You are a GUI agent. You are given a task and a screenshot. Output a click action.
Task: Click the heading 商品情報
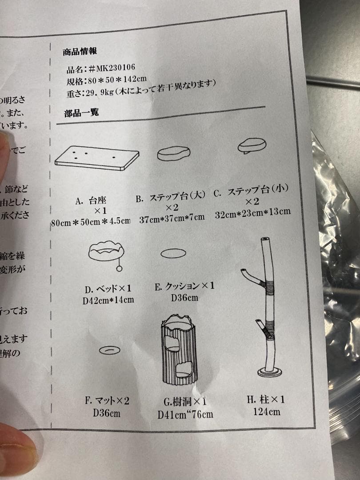tap(80, 52)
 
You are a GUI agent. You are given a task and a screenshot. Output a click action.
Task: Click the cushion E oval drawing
tap(173, 253)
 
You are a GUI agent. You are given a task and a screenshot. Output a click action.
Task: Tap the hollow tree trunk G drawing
tap(179, 349)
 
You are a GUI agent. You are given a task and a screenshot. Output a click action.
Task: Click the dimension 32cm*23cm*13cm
tap(252, 212)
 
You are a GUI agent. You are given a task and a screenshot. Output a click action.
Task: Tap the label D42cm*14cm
tap(108, 300)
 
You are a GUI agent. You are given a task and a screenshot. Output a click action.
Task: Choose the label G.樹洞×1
tap(184, 402)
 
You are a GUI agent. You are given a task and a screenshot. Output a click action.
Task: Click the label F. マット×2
tap(107, 401)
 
